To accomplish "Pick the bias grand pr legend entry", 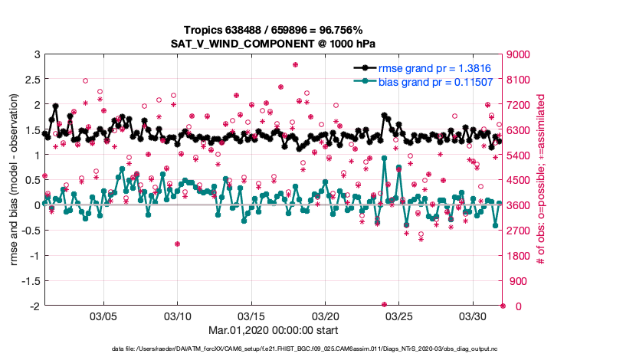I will (436, 81).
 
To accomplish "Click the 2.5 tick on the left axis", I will (31, 80).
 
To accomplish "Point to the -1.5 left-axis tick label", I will (29, 281).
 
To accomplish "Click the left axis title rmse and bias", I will (15, 180).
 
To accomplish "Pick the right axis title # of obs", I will (541, 180).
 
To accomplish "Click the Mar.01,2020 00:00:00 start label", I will (273, 331).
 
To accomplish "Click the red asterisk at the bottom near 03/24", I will (384, 305).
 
